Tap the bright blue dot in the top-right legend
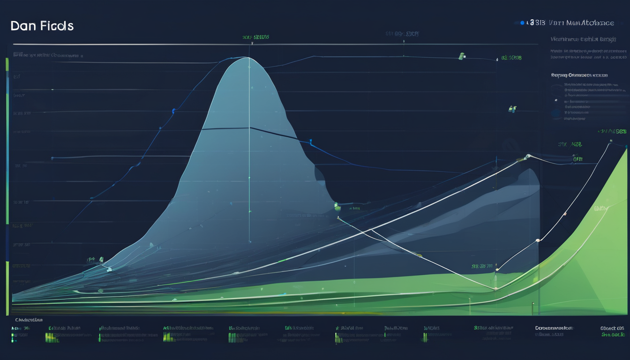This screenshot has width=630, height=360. click(522, 22)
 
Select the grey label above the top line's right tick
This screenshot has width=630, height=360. click(402, 34)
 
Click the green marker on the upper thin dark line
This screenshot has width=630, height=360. click(461, 56)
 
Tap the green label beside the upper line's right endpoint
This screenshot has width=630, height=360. click(511, 58)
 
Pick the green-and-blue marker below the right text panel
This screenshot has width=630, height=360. click(512, 109)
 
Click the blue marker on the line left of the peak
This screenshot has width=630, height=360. click(174, 112)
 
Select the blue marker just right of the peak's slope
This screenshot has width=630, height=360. click(310, 141)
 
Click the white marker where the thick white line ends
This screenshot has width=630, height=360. click(528, 156)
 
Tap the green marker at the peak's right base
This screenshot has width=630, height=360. click(337, 205)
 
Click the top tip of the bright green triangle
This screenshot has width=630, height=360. click(626, 148)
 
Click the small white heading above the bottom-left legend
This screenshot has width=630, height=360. click(29, 320)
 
